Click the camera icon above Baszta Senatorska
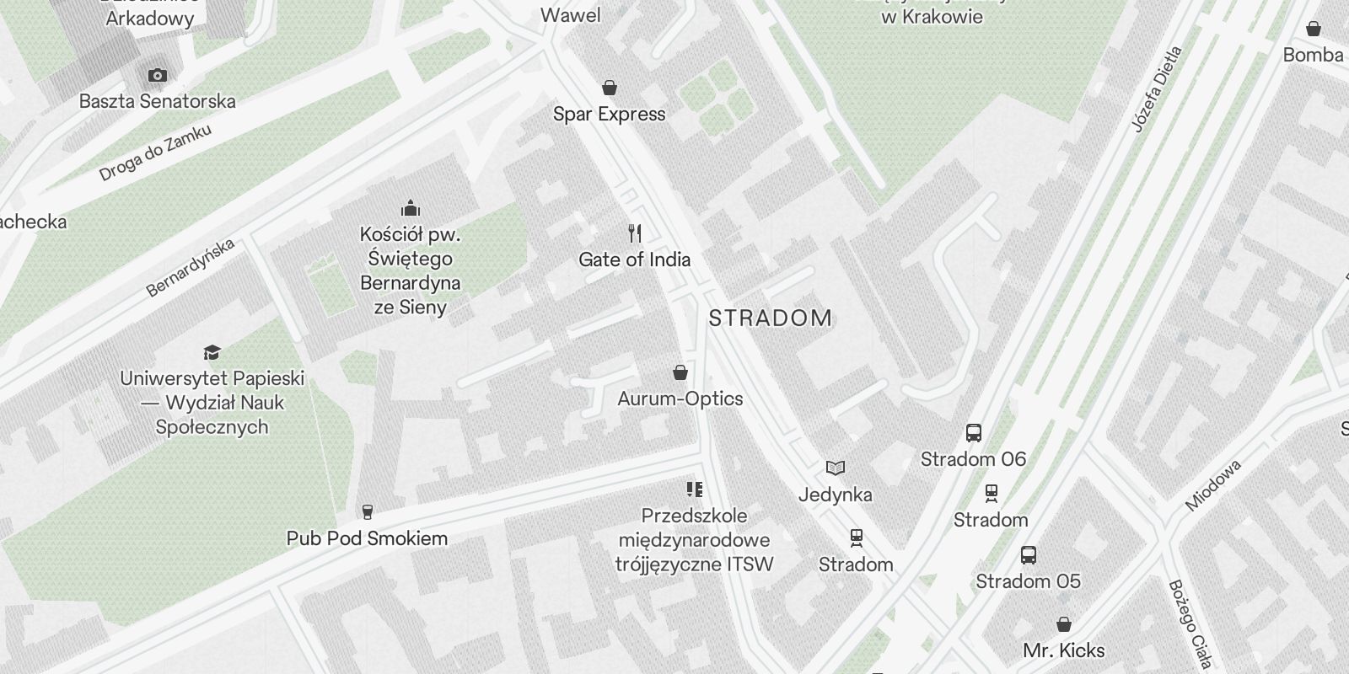point(157,75)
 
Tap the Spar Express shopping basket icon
point(610,88)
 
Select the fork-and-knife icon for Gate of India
point(635,233)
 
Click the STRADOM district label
point(771,318)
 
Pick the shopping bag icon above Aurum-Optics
point(680,372)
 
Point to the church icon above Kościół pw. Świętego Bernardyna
point(411,208)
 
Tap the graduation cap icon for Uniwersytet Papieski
point(212,352)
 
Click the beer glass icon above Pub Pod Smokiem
point(367,511)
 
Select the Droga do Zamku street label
point(155,152)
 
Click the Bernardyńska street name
point(191,268)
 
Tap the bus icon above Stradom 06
point(973,433)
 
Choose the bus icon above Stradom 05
point(1028,555)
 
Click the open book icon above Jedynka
point(835,468)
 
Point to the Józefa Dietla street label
point(1158,90)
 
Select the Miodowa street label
point(1214,485)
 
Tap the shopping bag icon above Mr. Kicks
point(1064,624)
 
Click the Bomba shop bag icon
point(1313,29)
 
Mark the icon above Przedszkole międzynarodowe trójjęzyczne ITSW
point(694,489)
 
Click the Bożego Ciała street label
point(1190,623)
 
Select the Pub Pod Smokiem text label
point(367,538)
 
